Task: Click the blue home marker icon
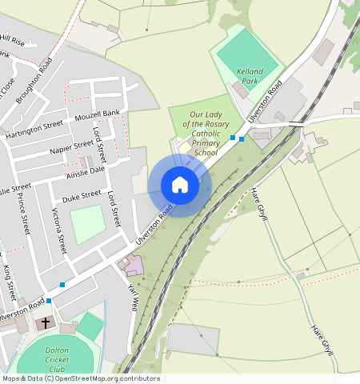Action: [x=180, y=186]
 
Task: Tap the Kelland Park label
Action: [x=250, y=76]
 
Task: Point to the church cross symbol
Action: [x=46, y=323]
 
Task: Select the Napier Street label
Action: [x=71, y=149]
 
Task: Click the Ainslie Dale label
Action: [x=86, y=170]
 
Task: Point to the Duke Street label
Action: [x=82, y=194]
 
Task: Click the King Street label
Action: [x=9, y=276]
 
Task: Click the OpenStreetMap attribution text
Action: [x=80, y=378]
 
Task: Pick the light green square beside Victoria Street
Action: [x=87, y=224]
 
